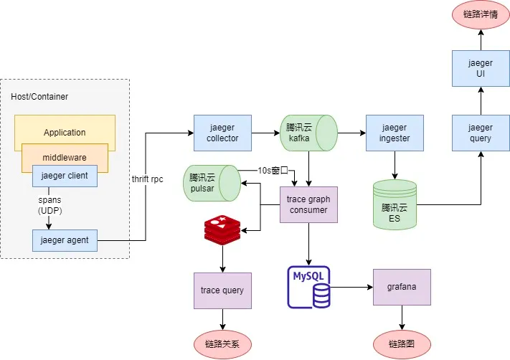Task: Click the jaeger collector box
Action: (x=222, y=133)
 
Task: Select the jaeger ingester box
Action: (x=394, y=133)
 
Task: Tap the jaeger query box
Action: (x=481, y=133)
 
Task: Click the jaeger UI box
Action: (x=481, y=68)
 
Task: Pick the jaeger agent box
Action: (x=65, y=240)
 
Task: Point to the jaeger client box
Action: (x=65, y=176)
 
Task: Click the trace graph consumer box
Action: (x=308, y=204)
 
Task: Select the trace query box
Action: (x=222, y=290)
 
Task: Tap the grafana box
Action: (x=402, y=287)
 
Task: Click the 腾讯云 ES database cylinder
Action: (x=395, y=204)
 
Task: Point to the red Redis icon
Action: (x=222, y=230)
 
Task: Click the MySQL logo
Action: (x=310, y=287)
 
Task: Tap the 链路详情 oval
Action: (x=481, y=14)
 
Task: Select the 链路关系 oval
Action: (x=222, y=344)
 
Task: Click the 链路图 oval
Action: (x=402, y=344)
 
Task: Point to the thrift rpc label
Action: (x=148, y=179)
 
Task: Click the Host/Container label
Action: (x=39, y=96)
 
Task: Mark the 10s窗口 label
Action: (x=273, y=171)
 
